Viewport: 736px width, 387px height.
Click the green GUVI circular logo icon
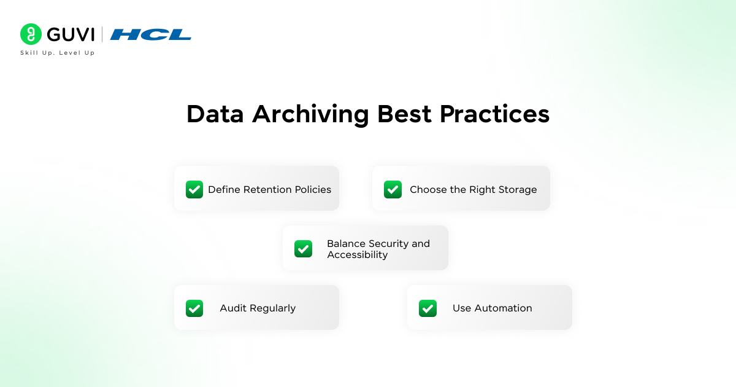coord(30,34)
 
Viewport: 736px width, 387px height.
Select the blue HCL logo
coord(151,34)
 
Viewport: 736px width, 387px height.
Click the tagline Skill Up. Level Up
coord(57,53)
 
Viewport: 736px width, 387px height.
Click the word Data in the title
coord(215,114)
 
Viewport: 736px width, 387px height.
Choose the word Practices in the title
coord(494,114)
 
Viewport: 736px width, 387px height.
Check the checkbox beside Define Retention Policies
coord(194,189)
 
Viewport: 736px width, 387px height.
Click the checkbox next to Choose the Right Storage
coord(393,189)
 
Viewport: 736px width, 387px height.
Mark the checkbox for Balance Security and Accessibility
coord(303,248)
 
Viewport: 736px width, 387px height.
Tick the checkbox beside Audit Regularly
coord(194,308)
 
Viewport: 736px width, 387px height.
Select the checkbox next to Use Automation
coord(427,308)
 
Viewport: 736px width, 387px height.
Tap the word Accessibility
coord(357,255)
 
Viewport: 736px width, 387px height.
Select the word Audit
coord(232,308)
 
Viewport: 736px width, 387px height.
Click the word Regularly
coord(272,308)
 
